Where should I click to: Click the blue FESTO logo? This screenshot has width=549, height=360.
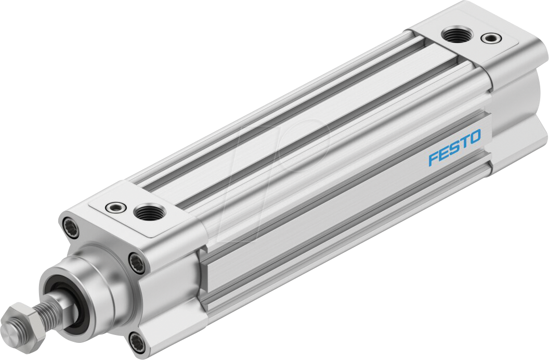click(x=454, y=148)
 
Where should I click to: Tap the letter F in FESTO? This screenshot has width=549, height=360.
click(x=433, y=159)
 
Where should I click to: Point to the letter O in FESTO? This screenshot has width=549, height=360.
click(x=475, y=137)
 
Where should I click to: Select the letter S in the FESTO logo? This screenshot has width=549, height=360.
click(x=454, y=148)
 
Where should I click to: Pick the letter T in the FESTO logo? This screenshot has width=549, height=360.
click(x=464, y=143)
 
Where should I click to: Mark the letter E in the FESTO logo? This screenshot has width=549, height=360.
click(x=443, y=153)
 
